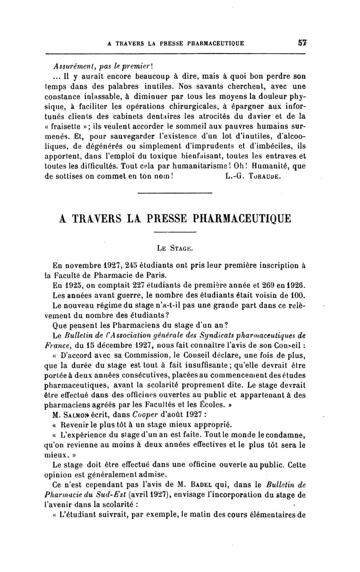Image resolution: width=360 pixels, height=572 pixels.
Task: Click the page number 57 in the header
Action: click(x=301, y=44)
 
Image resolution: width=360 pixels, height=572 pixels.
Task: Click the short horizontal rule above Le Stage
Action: click(x=175, y=232)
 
